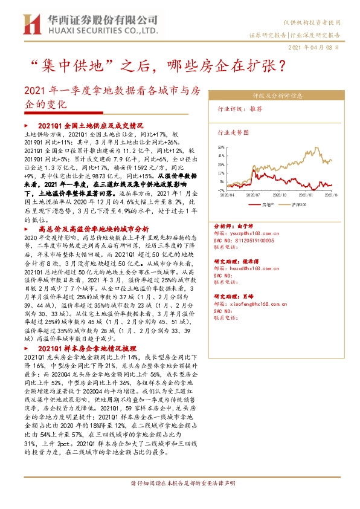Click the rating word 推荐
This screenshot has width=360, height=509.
click(x=256, y=109)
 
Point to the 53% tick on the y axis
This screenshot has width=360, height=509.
click(x=221, y=146)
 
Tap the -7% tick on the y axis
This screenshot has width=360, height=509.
click(x=221, y=189)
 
